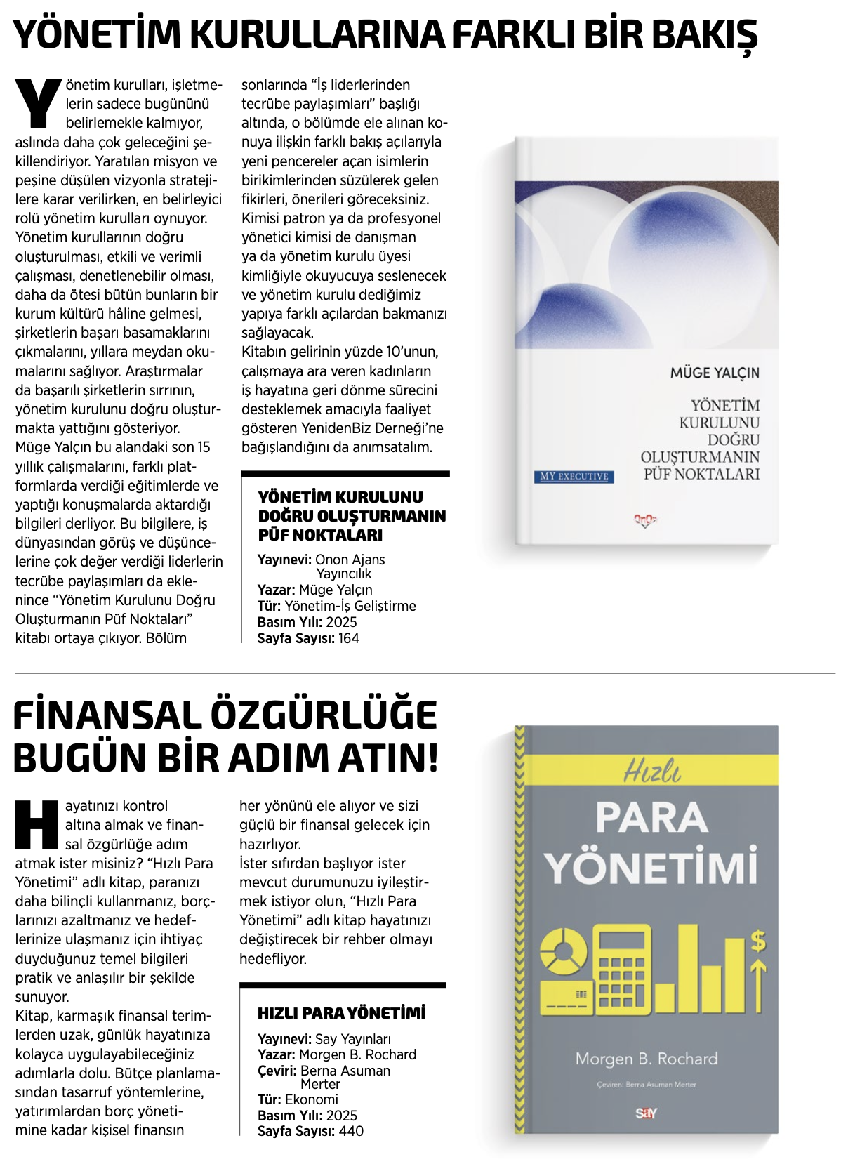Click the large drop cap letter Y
(x=38, y=103)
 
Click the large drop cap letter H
(x=37, y=824)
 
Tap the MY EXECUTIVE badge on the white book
(x=574, y=477)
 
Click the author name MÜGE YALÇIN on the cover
(x=714, y=373)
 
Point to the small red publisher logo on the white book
(x=644, y=520)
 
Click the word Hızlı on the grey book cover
(x=652, y=771)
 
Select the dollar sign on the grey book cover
(x=758, y=940)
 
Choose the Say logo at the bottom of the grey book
(x=646, y=1113)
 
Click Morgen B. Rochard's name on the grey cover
(x=646, y=1059)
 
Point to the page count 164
(x=349, y=638)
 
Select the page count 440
(x=351, y=1131)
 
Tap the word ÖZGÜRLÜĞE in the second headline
(x=324, y=715)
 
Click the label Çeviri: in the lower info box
(x=277, y=1071)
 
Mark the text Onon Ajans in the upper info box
(x=350, y=560)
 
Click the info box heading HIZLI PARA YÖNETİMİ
(x=341, y=1013)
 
